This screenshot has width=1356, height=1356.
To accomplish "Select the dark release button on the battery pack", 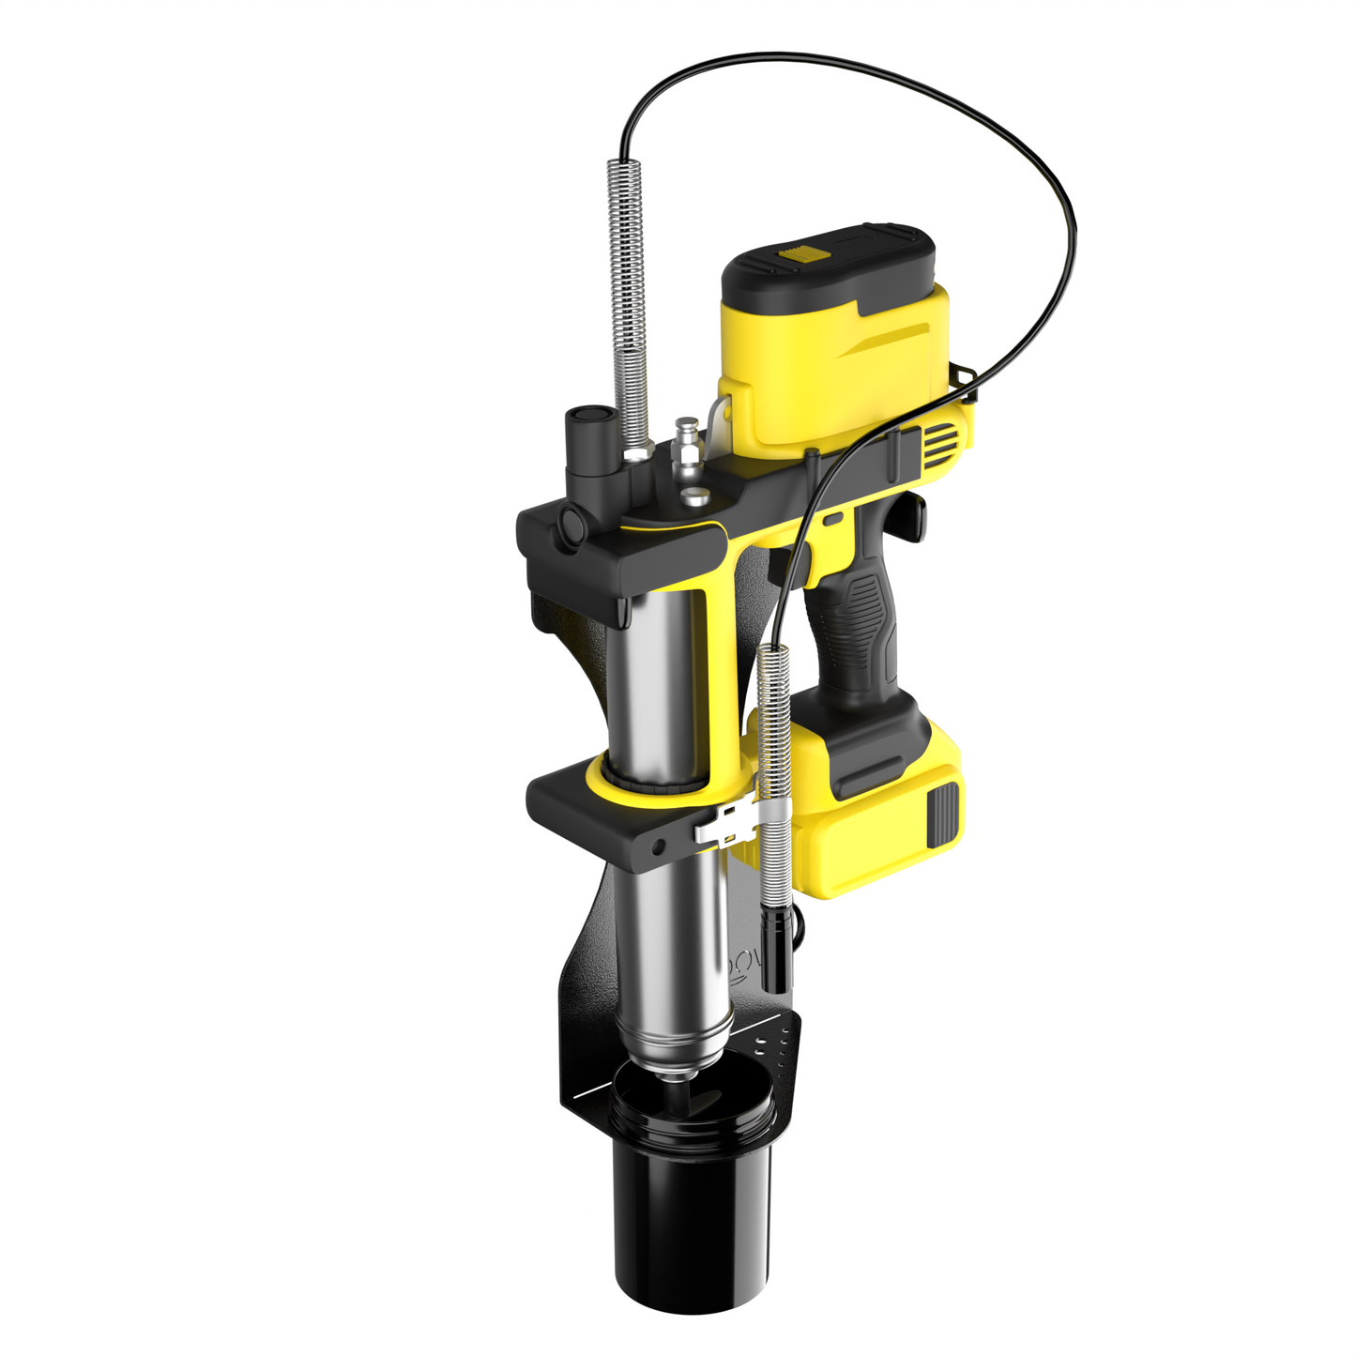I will click(943, 812).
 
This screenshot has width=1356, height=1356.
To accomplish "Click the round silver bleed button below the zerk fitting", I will click(694, 496).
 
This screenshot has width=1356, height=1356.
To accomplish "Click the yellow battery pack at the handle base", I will click(873, 826).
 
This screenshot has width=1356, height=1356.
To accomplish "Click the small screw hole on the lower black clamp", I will click(659, 846).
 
